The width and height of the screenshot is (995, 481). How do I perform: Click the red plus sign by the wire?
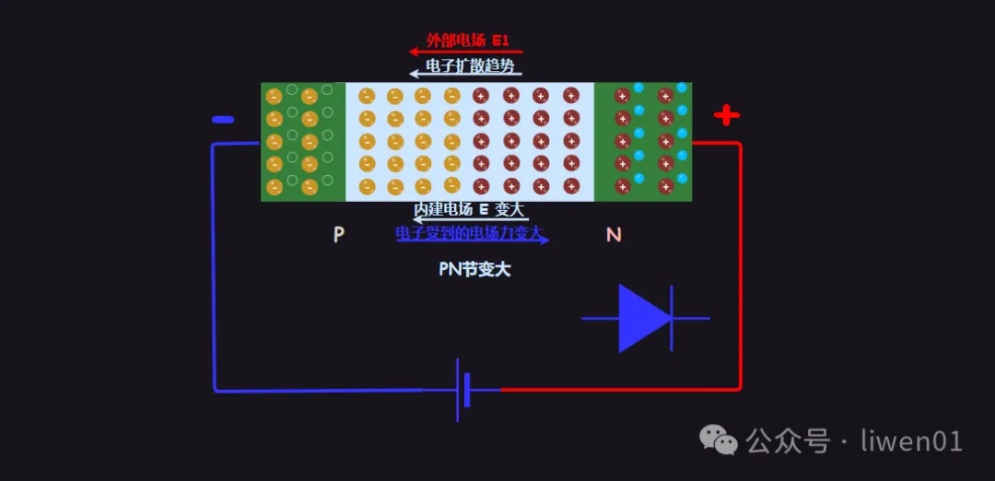[x=727, y=115]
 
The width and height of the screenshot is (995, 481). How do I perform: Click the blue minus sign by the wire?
[x=223, y=120]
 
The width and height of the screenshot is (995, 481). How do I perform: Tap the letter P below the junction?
[x=339, y=235]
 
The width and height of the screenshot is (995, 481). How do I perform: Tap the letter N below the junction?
[x=614, y=235]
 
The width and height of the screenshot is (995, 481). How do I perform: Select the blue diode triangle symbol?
[x=643, y=318]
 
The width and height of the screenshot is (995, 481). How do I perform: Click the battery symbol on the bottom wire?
[x=462, y=390]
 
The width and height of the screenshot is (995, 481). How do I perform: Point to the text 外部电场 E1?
[x=467, y=41]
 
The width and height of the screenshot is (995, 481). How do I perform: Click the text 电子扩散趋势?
[x=467, y=66]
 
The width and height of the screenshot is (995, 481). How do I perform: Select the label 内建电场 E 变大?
[x=469, y=209]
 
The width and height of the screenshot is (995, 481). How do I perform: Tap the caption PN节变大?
[x=474, y=269]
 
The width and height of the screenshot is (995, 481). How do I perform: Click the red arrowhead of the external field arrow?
[x=415, y=52]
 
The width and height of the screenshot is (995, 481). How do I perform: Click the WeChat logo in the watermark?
[x=719, y=440]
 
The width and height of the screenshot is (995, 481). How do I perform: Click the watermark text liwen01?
[x=911, y=440]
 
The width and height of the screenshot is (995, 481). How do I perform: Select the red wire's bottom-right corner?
[x=739, y=388]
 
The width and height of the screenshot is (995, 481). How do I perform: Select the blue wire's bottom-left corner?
[x=215, y=389]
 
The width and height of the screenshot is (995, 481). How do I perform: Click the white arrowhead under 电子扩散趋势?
[x=415, y=74]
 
